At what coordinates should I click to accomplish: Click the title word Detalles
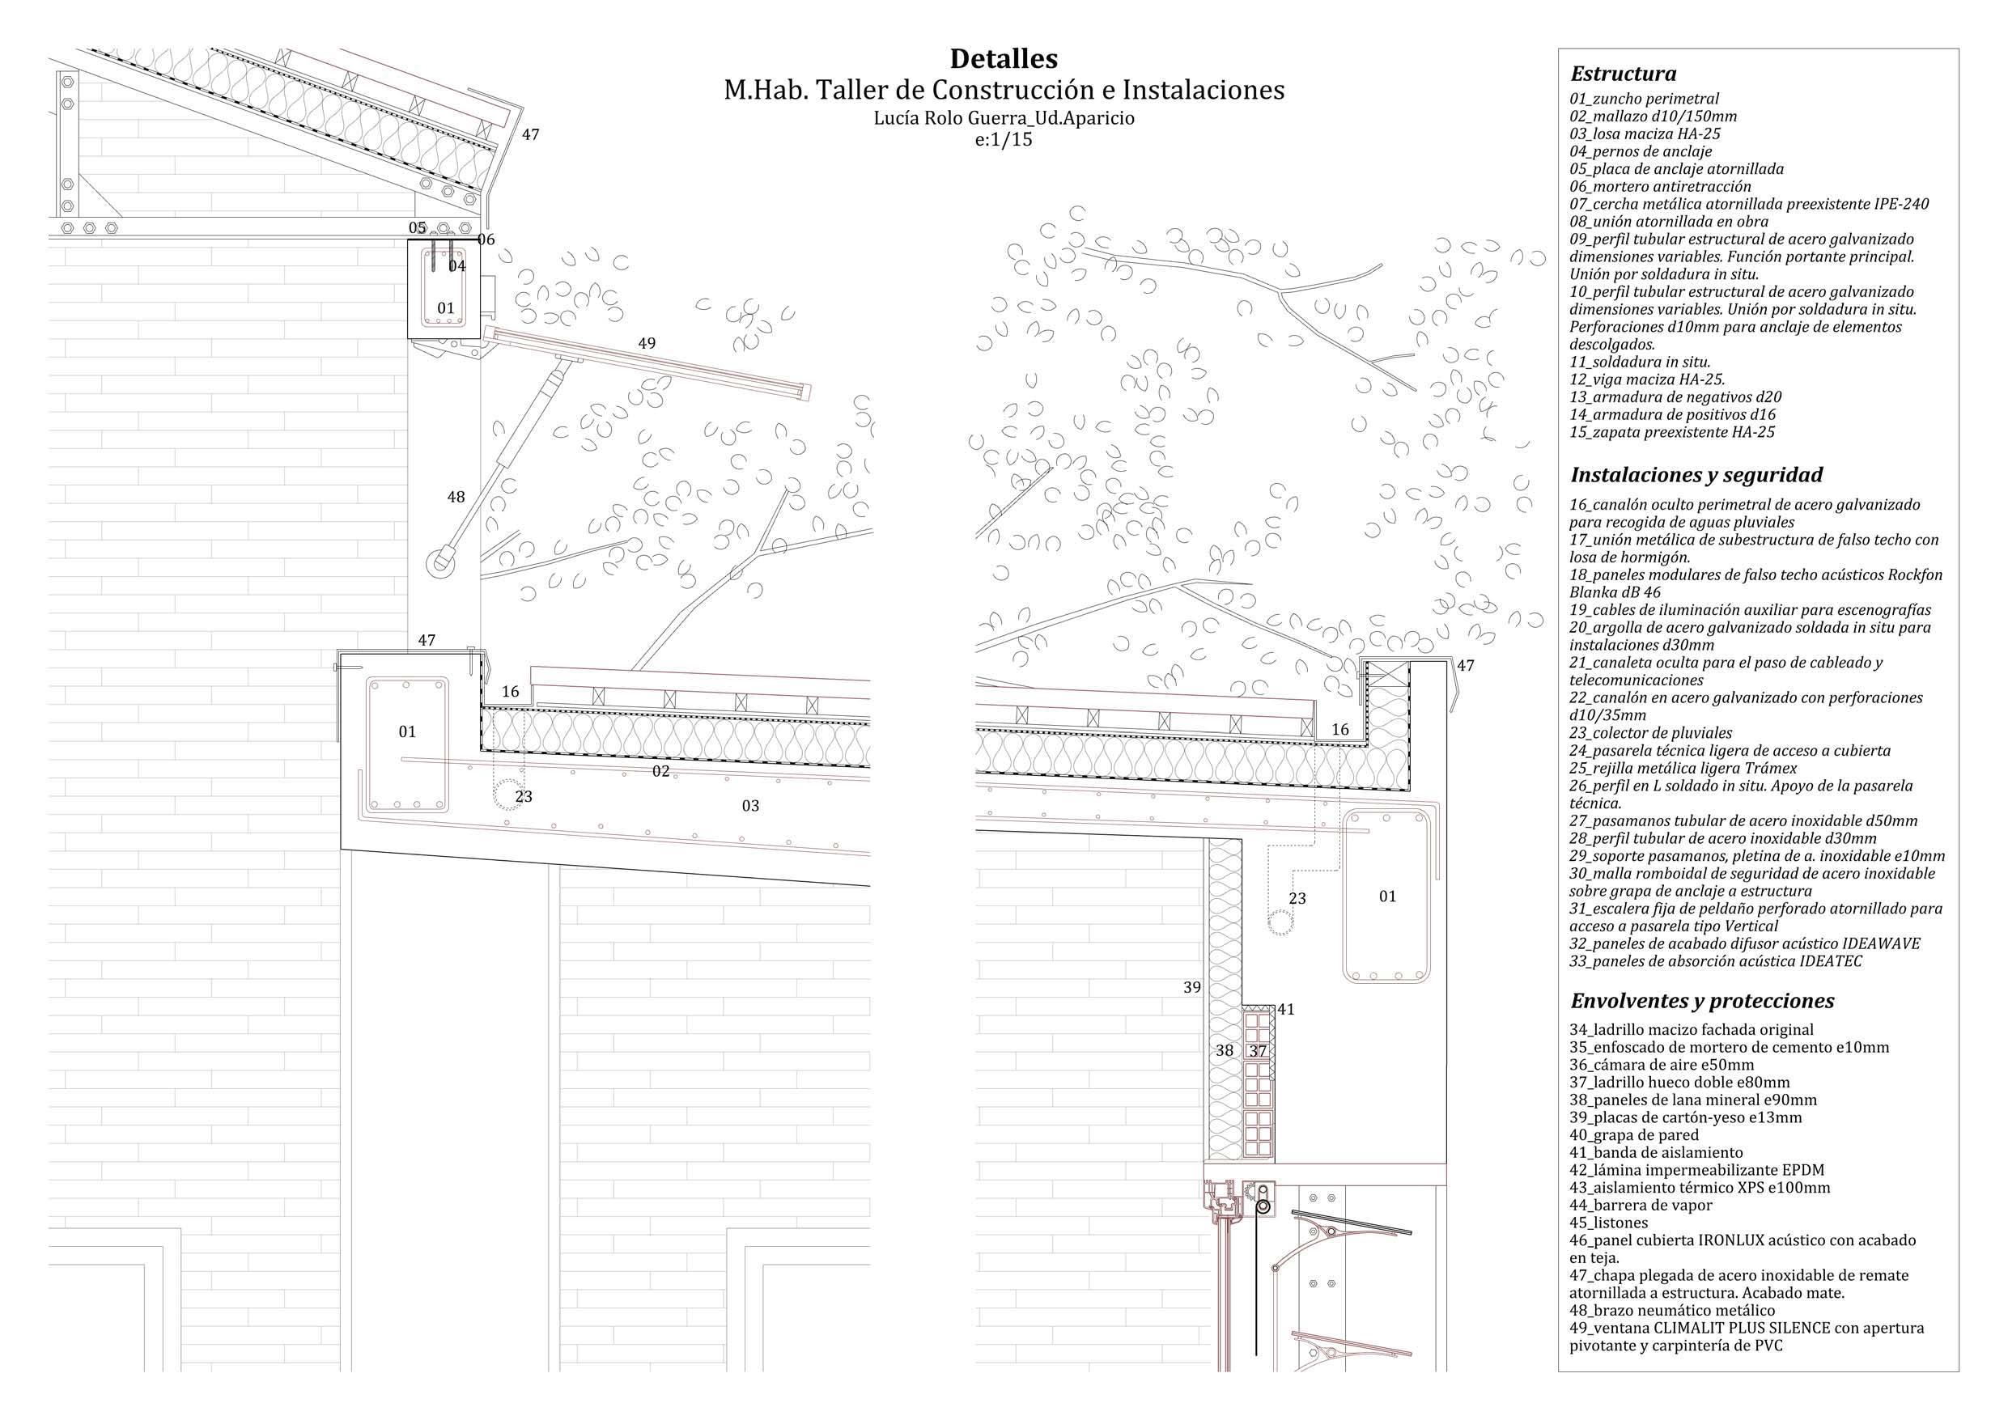(1003, 58)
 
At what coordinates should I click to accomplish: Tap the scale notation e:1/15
(1003, 139)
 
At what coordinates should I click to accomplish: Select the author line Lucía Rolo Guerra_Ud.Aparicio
(1003, 118)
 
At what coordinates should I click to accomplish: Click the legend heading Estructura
(1624, 74)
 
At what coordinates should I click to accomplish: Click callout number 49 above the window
(647, 344)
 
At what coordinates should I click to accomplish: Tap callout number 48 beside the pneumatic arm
(456, 497)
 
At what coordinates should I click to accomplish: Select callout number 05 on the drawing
(417, 228)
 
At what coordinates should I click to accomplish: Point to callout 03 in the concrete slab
(750, 805)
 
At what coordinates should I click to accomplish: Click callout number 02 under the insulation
(661, 771)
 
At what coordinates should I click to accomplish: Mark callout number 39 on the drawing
(1192, 987)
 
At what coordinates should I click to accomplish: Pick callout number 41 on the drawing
(1285, 1009)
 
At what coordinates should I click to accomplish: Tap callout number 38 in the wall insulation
(1225, 1051)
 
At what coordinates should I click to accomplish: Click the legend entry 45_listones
(1608, 1223)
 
